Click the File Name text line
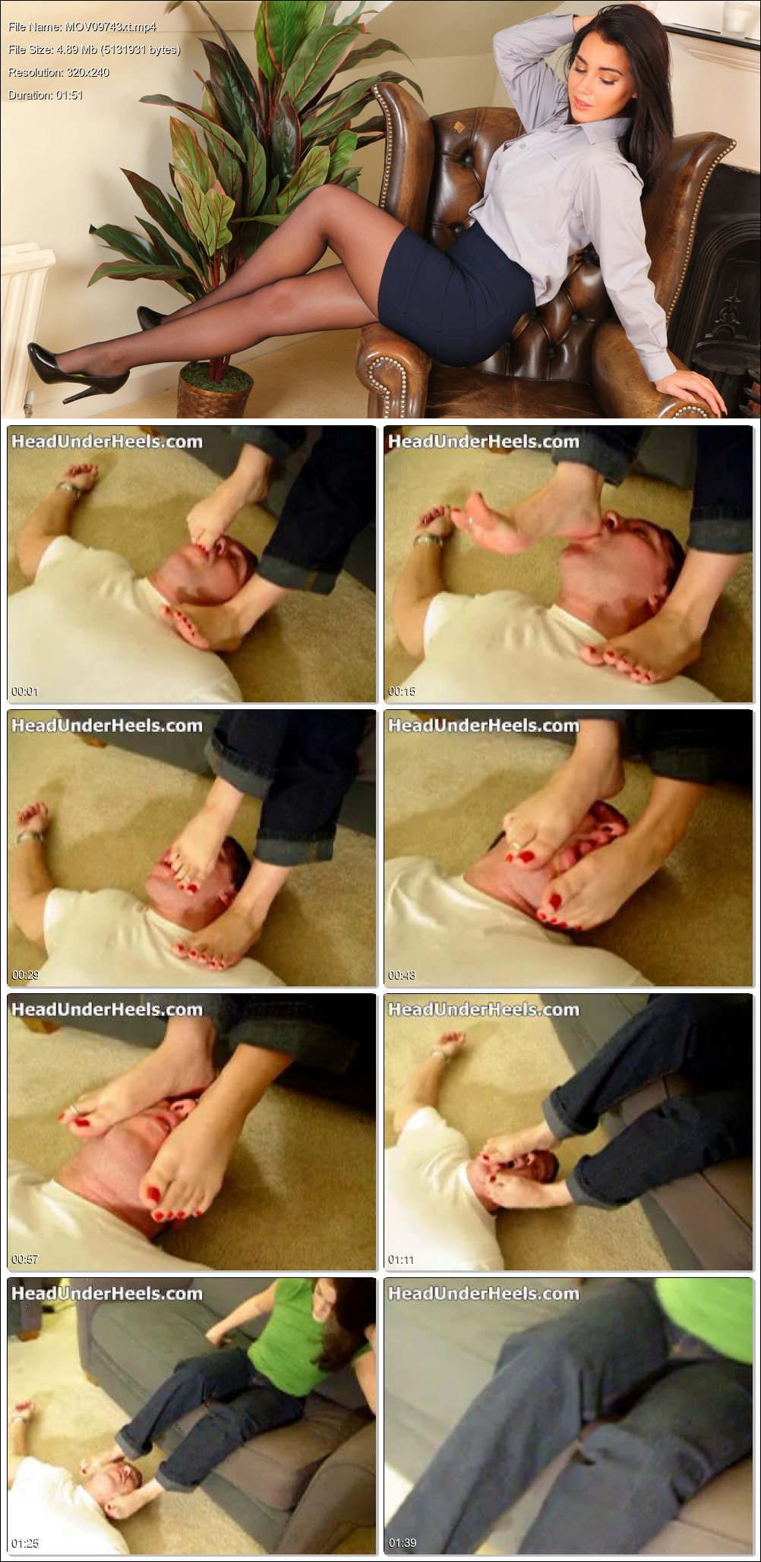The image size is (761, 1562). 82,27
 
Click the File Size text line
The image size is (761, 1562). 94,49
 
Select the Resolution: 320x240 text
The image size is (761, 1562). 58,72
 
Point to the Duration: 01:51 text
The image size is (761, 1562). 46,95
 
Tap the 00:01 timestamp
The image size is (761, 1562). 24,691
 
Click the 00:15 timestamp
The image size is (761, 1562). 401,691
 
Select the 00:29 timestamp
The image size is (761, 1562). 24,975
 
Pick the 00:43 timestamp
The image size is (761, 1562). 401,975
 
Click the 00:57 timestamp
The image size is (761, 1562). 24,1259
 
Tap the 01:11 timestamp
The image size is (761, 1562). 401,1259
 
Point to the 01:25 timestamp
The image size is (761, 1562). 24,1543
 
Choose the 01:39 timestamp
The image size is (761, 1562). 401,1543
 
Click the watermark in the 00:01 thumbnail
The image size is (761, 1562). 107,441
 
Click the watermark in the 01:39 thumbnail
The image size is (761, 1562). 484,1293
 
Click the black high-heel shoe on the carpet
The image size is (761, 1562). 77,371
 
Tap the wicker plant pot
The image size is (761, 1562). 215,390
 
